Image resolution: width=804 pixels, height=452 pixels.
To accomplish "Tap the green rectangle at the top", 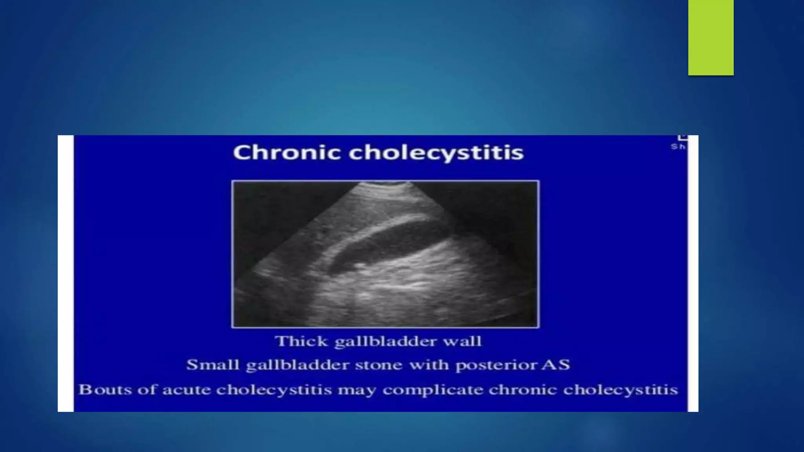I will point(711,37).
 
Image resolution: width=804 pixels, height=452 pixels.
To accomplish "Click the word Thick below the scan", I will point(301,341).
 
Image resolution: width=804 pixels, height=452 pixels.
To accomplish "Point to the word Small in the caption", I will point(212,365).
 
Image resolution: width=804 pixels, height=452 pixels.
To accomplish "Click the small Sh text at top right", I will point(678,147).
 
